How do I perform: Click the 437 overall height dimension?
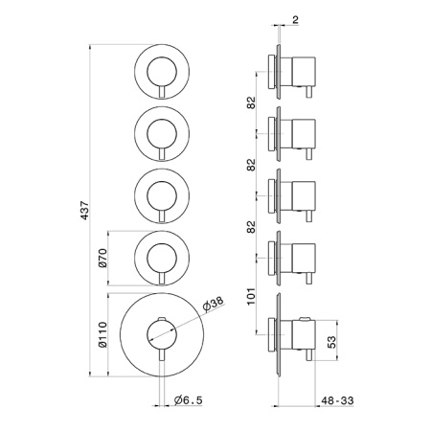click(x=84, y=210)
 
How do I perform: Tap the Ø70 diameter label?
click(x=102, y=258)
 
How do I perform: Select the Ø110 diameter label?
click(x=102, y=334)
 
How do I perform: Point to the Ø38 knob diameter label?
click(x=214, y=305)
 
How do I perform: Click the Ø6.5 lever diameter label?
click(x=189, y=399)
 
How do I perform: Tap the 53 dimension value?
click(x=332, y=342)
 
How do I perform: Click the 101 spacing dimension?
click(x=252, y=296)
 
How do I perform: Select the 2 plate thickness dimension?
click(x=295, y=20)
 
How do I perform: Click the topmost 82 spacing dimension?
click(x=252, y=102)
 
